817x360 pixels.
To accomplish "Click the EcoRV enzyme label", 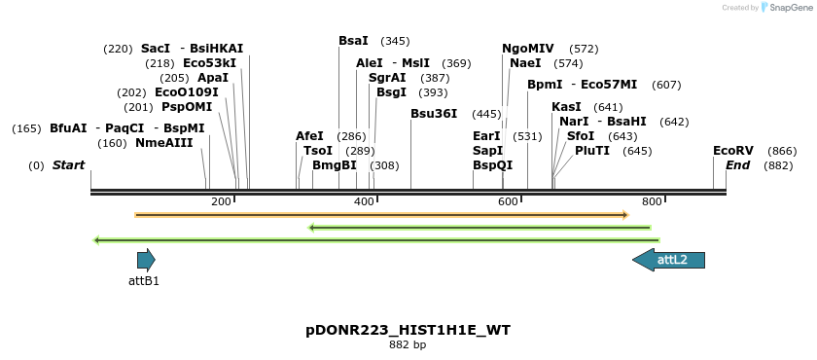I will (x=733, y=151).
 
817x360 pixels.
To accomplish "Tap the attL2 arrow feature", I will (x=669, y=260).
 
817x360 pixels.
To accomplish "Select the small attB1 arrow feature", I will (x=146, y=260).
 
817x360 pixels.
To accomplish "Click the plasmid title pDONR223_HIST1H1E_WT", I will (x=408, y=330).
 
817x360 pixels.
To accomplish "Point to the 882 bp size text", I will (x=408, y=344).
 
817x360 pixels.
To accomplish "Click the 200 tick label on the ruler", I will (x=221, y=201).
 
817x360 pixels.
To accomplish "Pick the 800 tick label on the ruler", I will (x=652, y=201).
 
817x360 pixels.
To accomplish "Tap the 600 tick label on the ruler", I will (x=508, y=201).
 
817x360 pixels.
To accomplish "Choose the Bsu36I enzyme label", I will (x=434, y=114).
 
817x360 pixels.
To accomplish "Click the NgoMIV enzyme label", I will (x=528, y=49).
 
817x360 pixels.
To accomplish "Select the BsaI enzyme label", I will (x=353, y=41).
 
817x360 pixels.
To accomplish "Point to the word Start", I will (x=68, y=165).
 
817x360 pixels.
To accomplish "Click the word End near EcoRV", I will (x=737, y=165).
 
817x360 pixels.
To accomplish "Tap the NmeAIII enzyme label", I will (x=163, y=143).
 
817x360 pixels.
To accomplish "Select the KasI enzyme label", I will (x=566, y=107).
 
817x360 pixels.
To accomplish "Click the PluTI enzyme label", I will (x=592, y=151).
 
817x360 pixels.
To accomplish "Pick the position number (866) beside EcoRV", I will (x=782, y=151).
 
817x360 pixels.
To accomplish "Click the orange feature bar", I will (x=382, y=215).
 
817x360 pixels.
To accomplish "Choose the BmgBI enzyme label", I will (x=335, y=165).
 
